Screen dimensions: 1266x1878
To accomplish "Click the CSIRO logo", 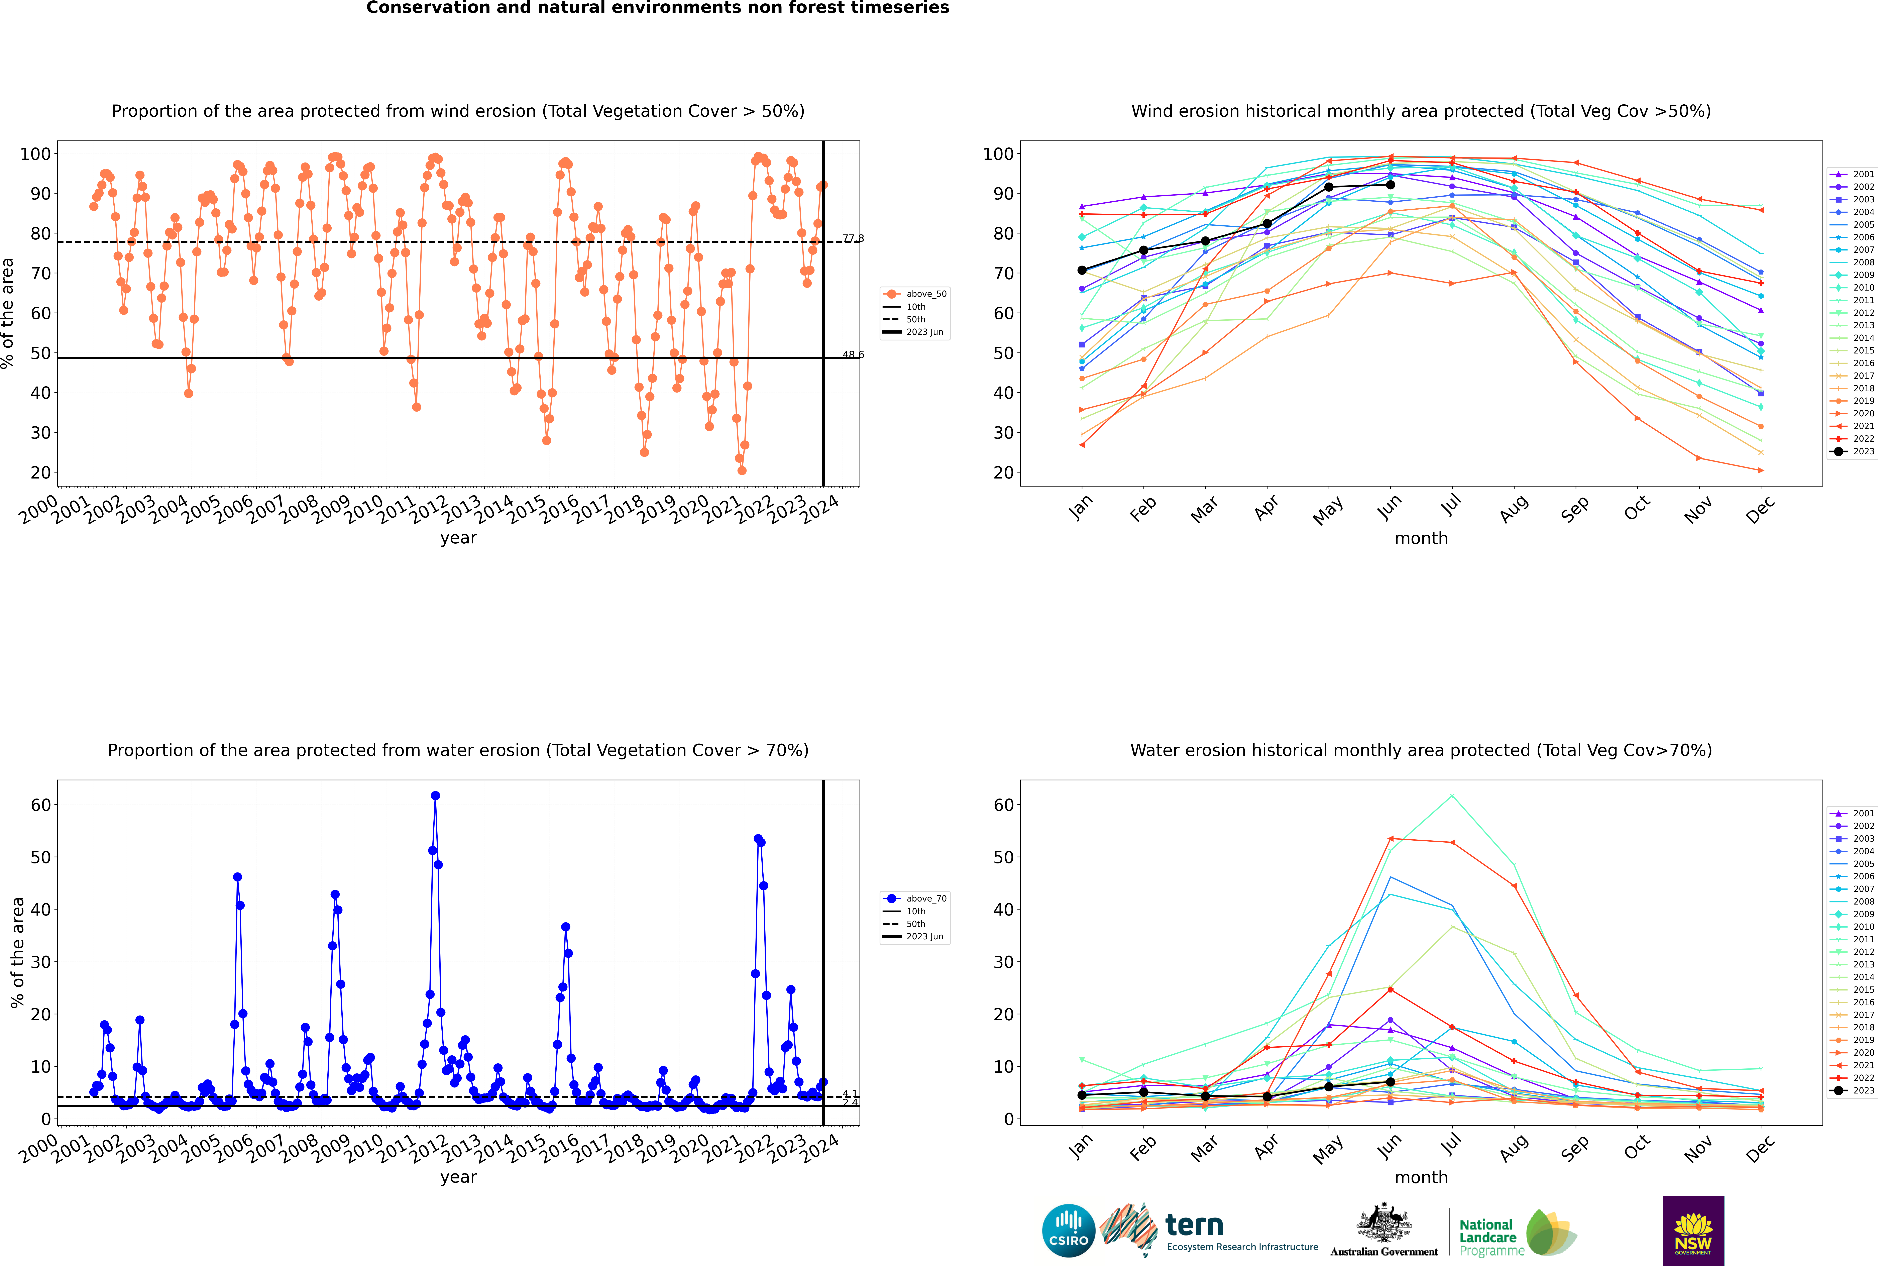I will click(x=1068, y=1231).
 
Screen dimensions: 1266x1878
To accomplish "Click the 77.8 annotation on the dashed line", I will click(x=853, y=238).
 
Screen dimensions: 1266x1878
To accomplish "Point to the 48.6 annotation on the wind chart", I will click(x=853, y=354).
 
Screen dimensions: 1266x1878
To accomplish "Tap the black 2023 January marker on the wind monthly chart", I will click(x=1082, y=271).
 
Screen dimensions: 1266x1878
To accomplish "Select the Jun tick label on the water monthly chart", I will click(x=1390, y=1147).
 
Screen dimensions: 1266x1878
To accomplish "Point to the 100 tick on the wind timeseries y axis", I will click(x=35, y=154).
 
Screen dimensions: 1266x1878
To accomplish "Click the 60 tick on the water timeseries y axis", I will click(x=40, y=805).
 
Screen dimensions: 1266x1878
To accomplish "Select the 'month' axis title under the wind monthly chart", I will click(x=1421, y=539).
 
